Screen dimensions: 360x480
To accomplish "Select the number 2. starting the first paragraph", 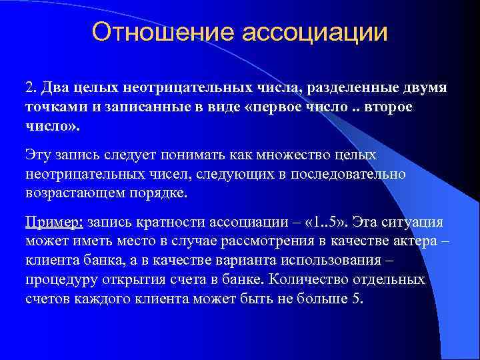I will coord(31,89).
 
